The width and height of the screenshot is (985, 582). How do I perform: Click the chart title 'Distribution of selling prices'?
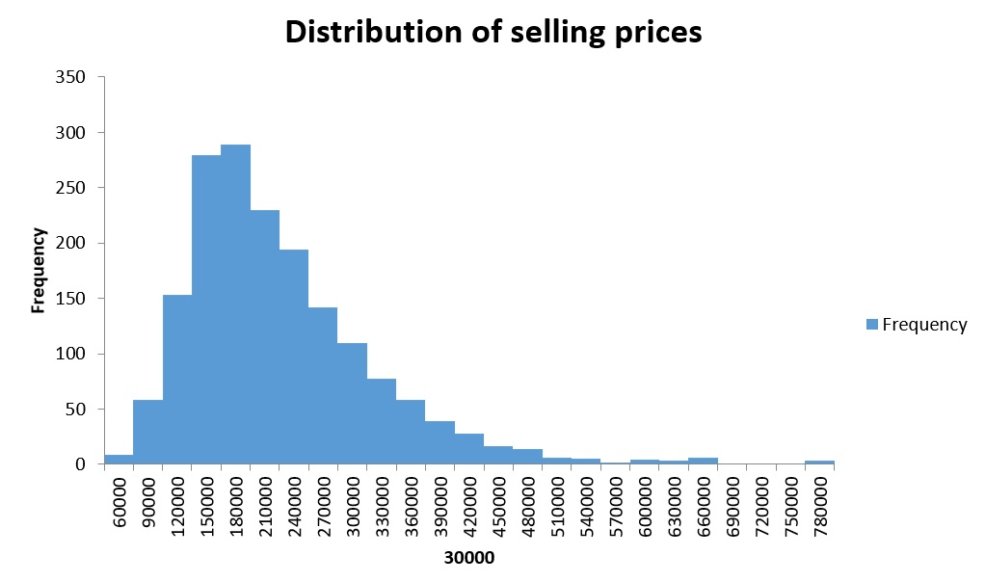point(492,32)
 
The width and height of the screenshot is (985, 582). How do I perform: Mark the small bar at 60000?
point(119,460)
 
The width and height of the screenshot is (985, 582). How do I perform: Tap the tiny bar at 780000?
point(819,462)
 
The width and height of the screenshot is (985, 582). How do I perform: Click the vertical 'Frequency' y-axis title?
point(39,270)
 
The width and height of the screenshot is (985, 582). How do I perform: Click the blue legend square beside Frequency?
point(872,325)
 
